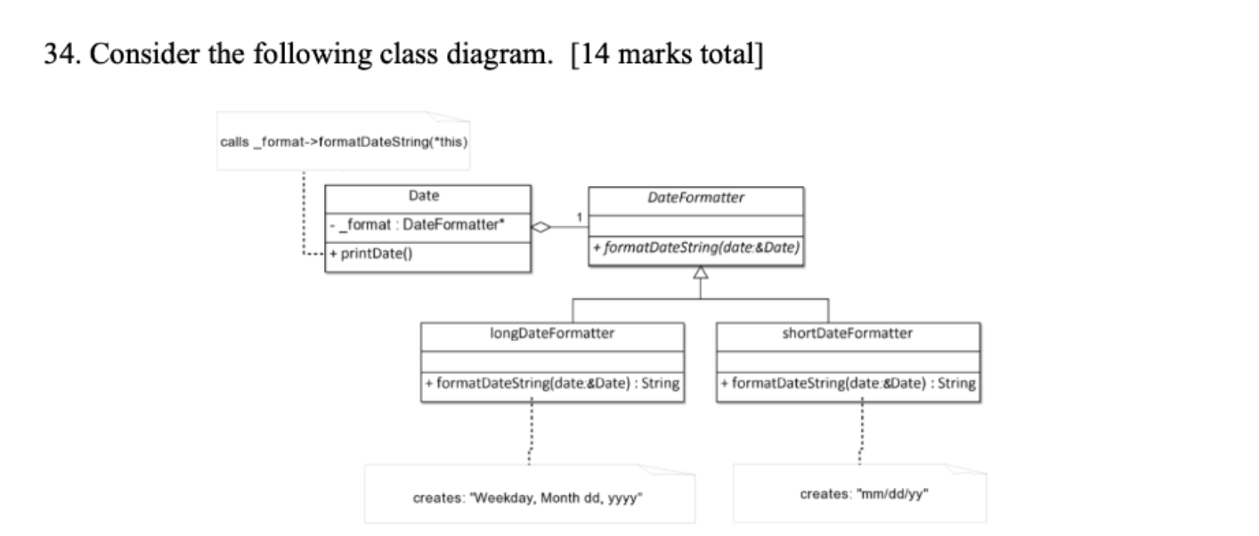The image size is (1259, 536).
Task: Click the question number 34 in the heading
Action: [x=61, y=55]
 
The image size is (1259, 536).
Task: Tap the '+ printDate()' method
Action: [x=372, y=253]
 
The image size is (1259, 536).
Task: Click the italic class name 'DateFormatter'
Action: [x=696, y=198]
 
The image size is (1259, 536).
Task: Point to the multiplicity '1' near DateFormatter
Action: [x=578, y=218]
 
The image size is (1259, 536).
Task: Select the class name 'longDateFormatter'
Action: [x=552, y=334]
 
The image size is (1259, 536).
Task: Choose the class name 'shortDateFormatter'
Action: [x=848, y=334]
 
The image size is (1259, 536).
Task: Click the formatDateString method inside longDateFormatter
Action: [x=552, y=384]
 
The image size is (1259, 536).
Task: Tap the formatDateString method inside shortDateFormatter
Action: [x=848, y=384]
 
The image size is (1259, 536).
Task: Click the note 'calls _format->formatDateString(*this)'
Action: [x=344, y=142]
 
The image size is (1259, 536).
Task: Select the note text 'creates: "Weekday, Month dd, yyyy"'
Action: [x=529, y=498]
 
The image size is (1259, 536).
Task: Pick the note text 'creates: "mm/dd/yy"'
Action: [x=862, y=493]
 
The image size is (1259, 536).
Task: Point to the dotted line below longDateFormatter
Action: [x=532, y=432]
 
